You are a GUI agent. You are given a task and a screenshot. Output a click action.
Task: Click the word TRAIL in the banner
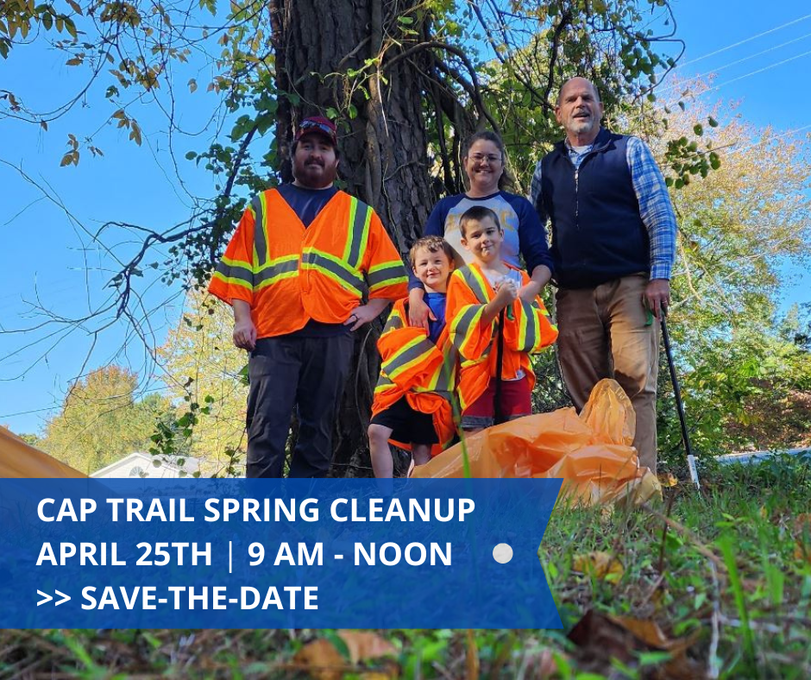coord(142,510)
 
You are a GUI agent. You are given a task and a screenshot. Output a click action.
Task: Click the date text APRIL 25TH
coord(124,554)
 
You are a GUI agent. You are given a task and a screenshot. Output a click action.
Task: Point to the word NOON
coord(403,554)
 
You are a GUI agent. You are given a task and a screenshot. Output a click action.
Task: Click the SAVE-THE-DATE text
coord(199,597)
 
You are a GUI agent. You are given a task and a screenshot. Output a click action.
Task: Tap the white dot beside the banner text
coord(503,554)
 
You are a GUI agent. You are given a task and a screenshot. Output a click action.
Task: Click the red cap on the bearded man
coord(316,129)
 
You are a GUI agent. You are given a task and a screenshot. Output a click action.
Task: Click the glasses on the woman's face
coord(485,158)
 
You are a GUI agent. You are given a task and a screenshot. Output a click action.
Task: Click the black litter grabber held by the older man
coord(677,388)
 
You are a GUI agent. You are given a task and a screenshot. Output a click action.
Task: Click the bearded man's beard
coord(315,173)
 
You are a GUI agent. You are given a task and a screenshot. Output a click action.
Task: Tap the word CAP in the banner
coord(65,510)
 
